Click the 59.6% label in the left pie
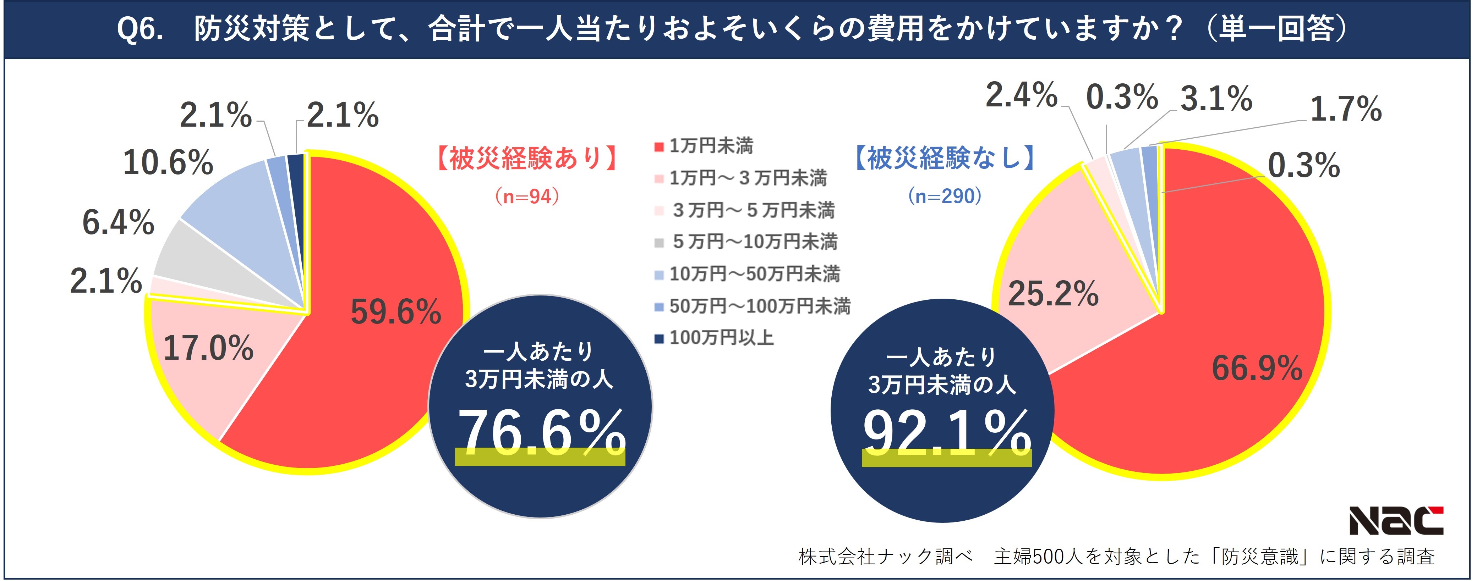click(x=396, y=312)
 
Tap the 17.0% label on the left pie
click(x=208, y=348)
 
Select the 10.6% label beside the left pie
click(x=168, y=162)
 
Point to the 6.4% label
click(x=118, y=222)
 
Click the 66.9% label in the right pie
click(x=1257, y=368)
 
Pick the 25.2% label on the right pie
click(x=1053, y=294)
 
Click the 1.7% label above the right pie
click(x=1346, y=109)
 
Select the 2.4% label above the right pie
click(x=1021, y=95)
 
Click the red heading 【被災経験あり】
click(x=526, y=158)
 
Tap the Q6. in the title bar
click(x=140, y=29)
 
